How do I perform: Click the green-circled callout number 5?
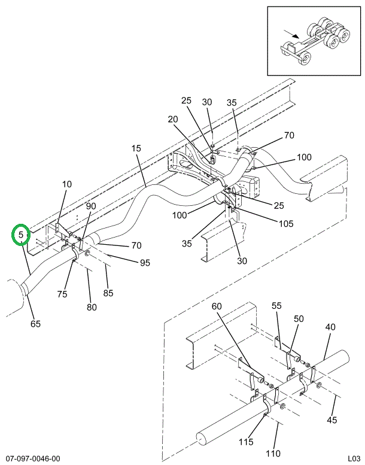pos(21,235)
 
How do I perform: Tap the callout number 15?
pos(136,148)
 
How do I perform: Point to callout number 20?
pos(173,119)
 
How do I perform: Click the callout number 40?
pos(330,327)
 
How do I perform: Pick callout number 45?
pos(331,420)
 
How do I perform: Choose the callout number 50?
pos(298,318)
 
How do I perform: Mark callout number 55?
pos(276,305)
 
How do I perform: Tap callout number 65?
pos(36,324)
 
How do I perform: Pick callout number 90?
pos(90,206)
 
